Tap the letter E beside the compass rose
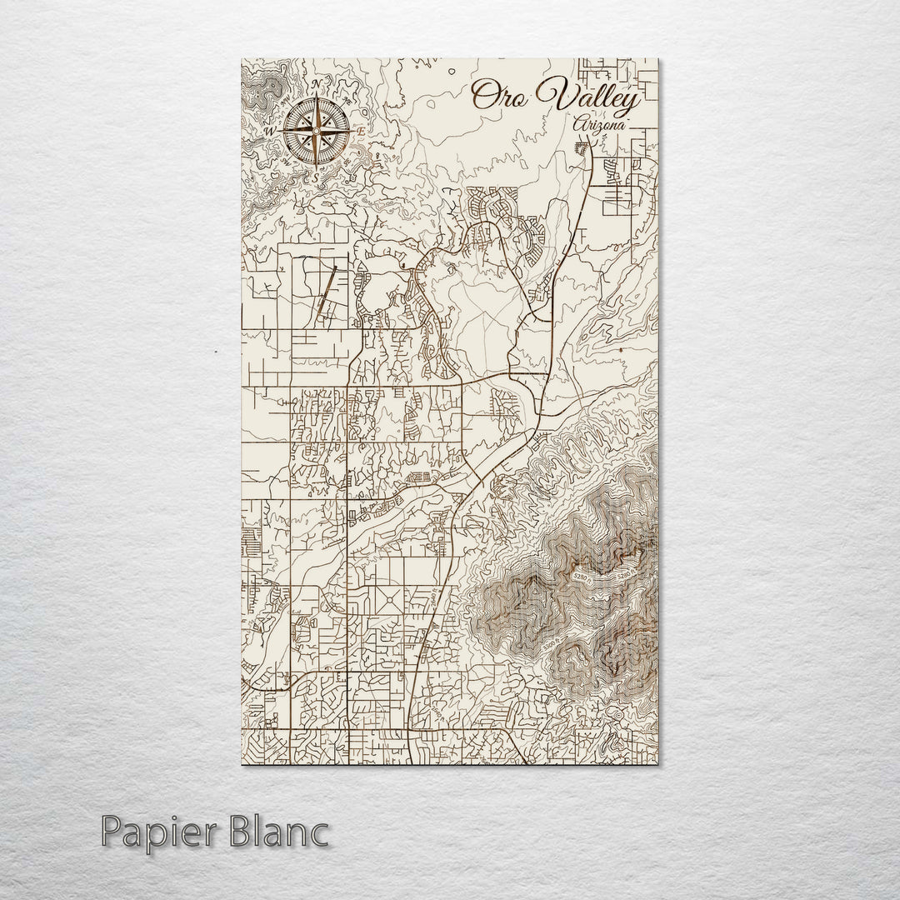click(x=360, y=132)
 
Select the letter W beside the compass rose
click(x=270, y=132)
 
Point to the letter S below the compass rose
click(x=316, y=176)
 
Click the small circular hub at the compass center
click(x=316, y=131)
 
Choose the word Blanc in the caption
click(x=280, y=832)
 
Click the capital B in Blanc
click(x=246, y=832)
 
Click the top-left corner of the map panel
click(x=242, y=59)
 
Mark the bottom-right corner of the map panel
click(x=657, y=762)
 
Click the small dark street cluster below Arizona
click(x=582, y=149)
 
